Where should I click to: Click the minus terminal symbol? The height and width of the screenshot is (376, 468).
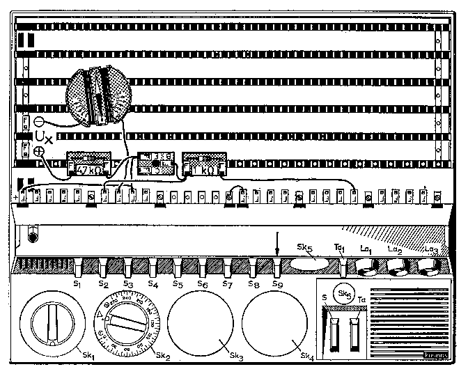[39, 120]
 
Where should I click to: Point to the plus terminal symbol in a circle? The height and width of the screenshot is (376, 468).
[39, 150]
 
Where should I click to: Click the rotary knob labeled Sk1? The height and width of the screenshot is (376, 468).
[51, 324]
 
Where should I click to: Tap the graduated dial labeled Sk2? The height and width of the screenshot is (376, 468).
[126, 323]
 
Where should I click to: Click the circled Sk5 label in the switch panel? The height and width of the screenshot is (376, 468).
[342, 293]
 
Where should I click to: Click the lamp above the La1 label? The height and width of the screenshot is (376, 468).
[366, 267]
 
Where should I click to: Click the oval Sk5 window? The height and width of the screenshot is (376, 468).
[309, 263]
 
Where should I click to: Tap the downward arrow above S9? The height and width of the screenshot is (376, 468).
[277, 244]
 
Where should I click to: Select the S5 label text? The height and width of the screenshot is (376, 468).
[178, 285]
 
